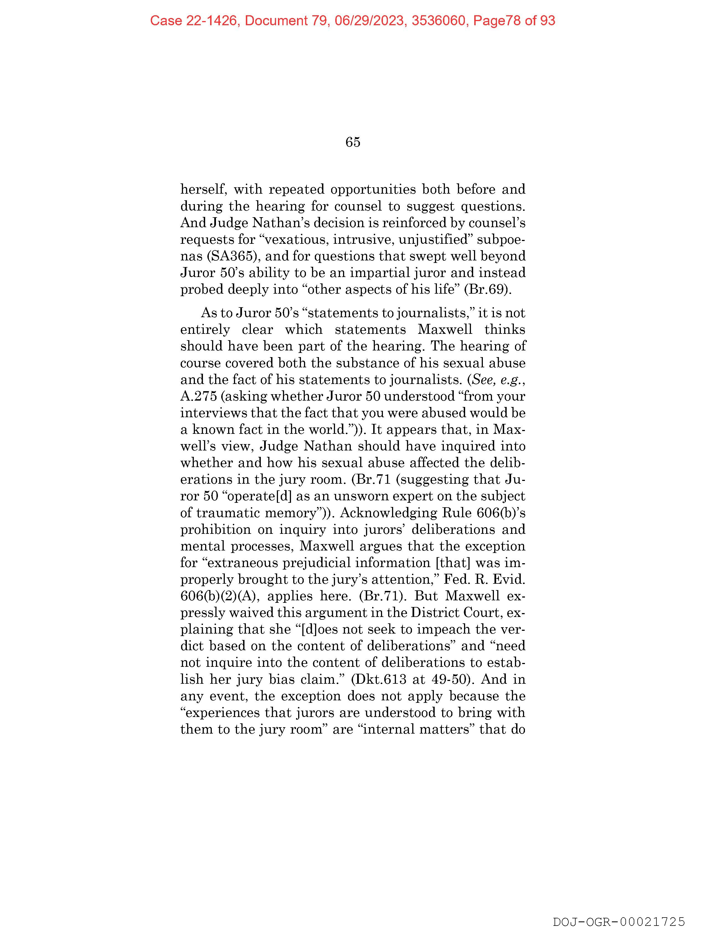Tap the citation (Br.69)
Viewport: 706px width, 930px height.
(x=488, y=289)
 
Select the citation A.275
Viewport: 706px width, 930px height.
(x=198, y=396)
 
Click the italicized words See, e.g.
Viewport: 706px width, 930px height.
(x=498, y=380)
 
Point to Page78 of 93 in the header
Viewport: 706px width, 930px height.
(x=514, y=21)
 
